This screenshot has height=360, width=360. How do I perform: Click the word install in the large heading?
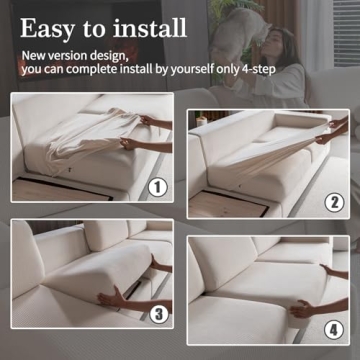pos(164,28)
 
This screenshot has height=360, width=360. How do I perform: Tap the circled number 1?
pos(156,186)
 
